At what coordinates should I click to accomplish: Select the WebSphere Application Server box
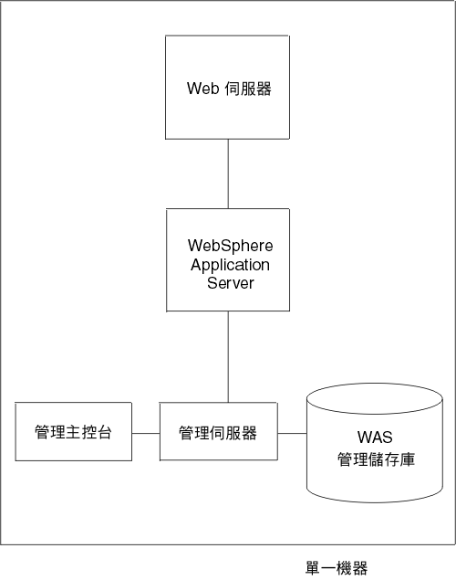pos(228,260)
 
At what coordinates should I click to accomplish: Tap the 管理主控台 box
pos(74,432)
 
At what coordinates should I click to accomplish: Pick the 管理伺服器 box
pos(218,432)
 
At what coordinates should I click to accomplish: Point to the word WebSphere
pos(230,247)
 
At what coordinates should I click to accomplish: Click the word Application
pos(230,265)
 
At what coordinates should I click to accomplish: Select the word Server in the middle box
pos(230,283)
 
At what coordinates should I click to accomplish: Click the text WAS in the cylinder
pos(375,437)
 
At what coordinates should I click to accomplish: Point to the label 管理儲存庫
pos(375,459)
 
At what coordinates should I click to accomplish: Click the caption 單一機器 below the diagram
pos(337,568)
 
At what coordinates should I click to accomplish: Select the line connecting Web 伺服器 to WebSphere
pos(228,174)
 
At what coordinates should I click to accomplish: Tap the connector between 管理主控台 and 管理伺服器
pos(146,432)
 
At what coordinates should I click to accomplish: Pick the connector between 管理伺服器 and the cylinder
pos(291,432)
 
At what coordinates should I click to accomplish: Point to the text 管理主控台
pos(74,432)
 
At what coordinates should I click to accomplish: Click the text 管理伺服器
pos(218,432)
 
